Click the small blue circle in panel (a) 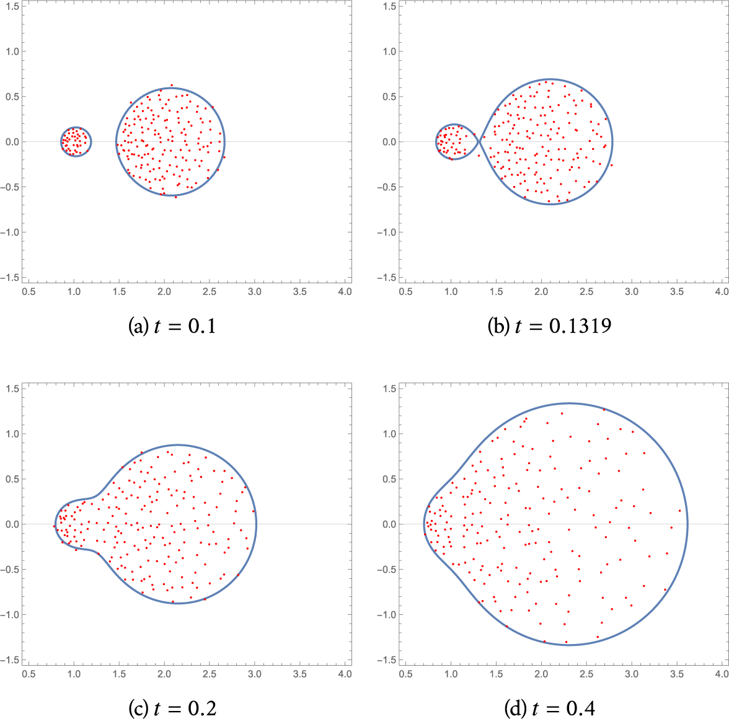point(76,128)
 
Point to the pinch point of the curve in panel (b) point(479,142)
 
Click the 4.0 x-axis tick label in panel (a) point(344,292)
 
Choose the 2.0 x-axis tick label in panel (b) point(541,292)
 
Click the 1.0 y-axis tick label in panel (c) point(11,434)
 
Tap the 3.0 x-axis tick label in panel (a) point(254,292)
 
